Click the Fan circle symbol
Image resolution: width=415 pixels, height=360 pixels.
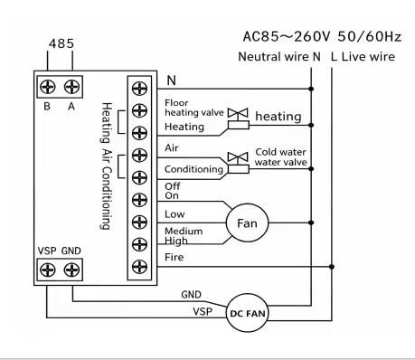247,223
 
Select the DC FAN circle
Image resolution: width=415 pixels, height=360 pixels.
247,313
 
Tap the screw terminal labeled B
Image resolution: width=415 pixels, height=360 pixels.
48,87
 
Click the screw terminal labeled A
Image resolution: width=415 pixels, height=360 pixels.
71,87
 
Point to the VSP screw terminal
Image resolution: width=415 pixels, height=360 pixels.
48,270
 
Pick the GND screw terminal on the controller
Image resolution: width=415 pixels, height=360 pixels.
71,270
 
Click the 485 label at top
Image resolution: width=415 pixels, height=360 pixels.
61,43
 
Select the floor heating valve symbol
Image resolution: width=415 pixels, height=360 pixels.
238,118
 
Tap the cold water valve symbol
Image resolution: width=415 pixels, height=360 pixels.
238,163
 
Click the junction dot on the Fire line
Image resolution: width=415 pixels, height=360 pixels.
332,267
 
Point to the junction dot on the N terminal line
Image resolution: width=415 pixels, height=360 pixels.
311,89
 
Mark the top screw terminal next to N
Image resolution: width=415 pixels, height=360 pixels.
139,89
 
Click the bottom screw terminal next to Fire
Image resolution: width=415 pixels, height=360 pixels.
139,267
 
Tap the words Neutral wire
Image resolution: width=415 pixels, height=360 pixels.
273,57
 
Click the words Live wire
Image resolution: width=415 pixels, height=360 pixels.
368,57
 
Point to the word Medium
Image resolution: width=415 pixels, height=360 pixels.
184,232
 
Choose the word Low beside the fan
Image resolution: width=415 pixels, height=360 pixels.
174,214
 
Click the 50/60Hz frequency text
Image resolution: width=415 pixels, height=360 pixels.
370,36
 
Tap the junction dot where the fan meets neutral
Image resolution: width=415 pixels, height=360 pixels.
311,223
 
